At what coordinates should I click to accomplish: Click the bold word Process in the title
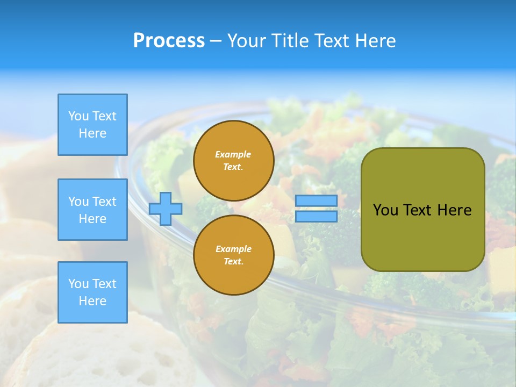click(169, 41)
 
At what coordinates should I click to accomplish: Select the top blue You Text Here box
click(92, 125)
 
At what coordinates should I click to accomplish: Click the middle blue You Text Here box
click(92, 210)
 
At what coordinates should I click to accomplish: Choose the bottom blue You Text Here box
click(92, 292)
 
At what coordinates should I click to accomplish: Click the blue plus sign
click(166, 209)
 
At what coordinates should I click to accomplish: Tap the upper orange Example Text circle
click(233, 160)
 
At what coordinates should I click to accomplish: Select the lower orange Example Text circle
click(233, 255)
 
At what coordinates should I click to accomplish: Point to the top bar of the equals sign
click(316, 201)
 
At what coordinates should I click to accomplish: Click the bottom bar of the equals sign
click(316, 217)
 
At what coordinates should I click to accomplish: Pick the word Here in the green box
click(454, 210)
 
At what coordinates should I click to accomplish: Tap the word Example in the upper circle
click(233, 154)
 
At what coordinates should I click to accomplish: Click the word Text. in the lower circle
click(233, 262)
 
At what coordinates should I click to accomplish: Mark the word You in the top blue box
click(78, 116)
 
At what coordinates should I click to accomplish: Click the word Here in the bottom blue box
click(92, 301)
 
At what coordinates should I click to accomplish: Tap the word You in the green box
click(385, 210)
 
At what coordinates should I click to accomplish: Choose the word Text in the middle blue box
click(104, 202)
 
